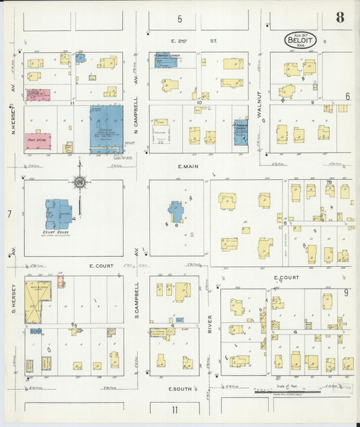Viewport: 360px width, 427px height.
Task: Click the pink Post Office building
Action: tap(38, 141)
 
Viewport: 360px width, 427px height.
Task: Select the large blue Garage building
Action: tap(106, 128)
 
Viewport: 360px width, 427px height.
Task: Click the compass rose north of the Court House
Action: tap(80, 181)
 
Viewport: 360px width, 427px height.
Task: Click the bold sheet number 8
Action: tap(340, 18)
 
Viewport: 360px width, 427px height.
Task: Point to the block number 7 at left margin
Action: tap(9, 214)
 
